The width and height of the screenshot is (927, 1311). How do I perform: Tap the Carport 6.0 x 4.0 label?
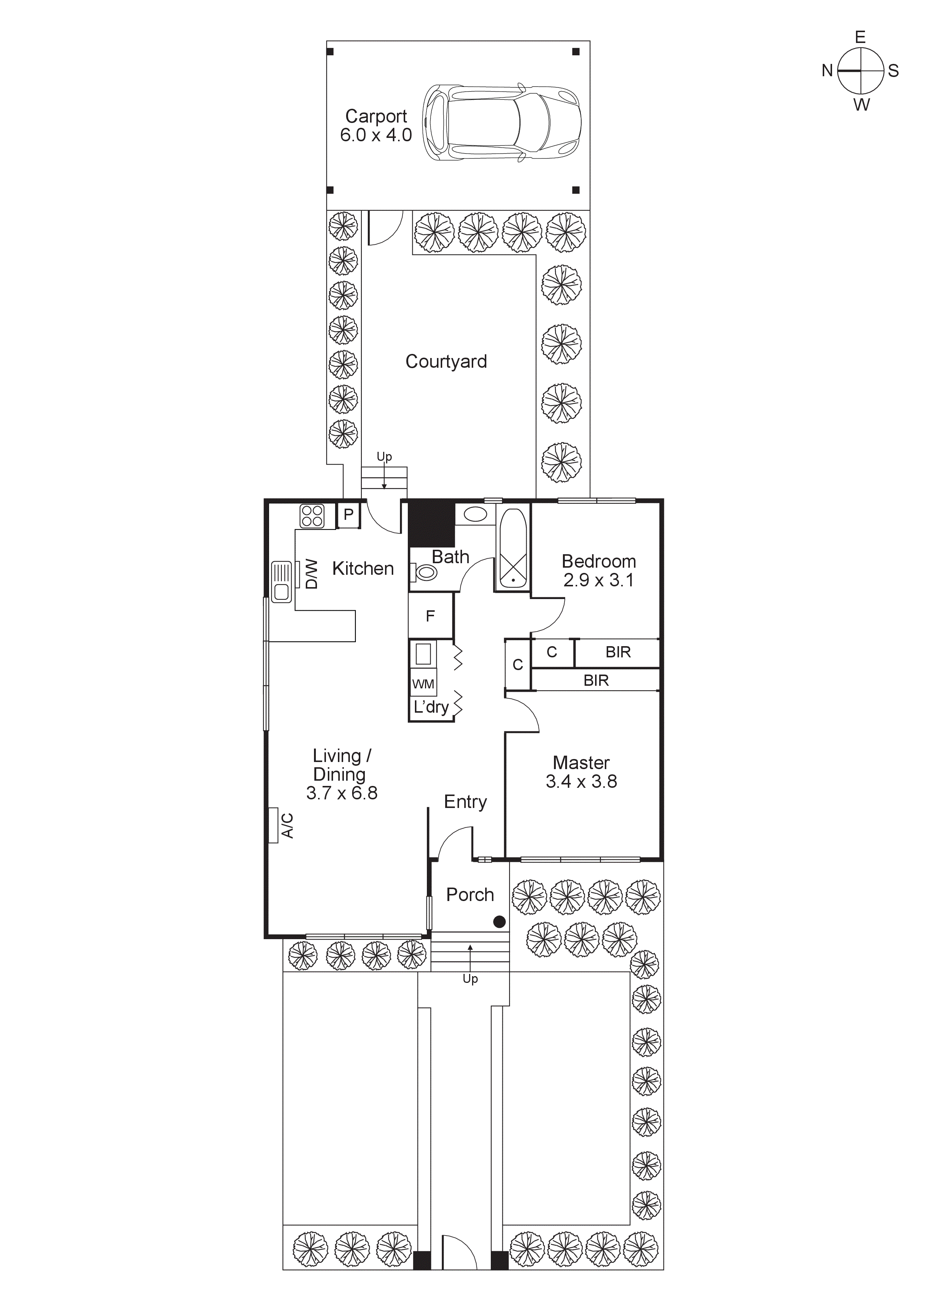pyautogui.click(x=376, y=126)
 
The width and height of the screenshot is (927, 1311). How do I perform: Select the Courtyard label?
pyautogui.click(x=446, y=361)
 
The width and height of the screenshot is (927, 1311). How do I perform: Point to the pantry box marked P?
pyautogui.click(x=348, y=515)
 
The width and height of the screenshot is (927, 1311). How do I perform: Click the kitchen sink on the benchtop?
pyautogui.click(x=281, y=581)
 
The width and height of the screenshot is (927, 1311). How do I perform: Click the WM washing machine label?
pyautogui.click(x=423, y=684)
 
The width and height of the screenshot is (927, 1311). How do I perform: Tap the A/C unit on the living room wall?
pyautogui.click(x=274, y=825)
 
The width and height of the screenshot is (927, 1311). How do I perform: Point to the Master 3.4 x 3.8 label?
pyautogui.click(x=582, y=772)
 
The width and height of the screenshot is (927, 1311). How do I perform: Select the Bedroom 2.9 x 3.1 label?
pyautogui.click(x=598, y=570)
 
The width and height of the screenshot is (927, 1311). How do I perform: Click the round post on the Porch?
pyautogui.click(x=499, y=922)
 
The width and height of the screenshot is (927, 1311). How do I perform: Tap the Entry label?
pyautogui.click(x=465, y=802)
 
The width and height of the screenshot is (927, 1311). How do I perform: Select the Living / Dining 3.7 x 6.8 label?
pyautogui.click(x=342, y=774)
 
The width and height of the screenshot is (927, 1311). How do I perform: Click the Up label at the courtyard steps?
pyautogui.click(x=384, y=457)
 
